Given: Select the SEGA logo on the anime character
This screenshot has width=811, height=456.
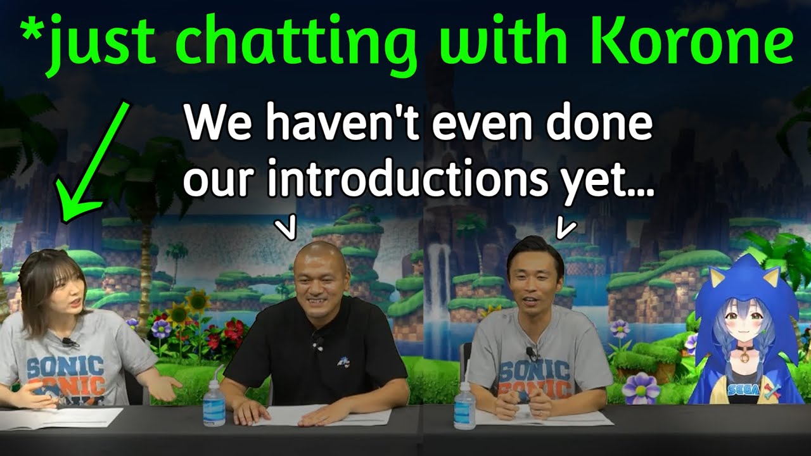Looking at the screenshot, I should coord(740,390).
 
